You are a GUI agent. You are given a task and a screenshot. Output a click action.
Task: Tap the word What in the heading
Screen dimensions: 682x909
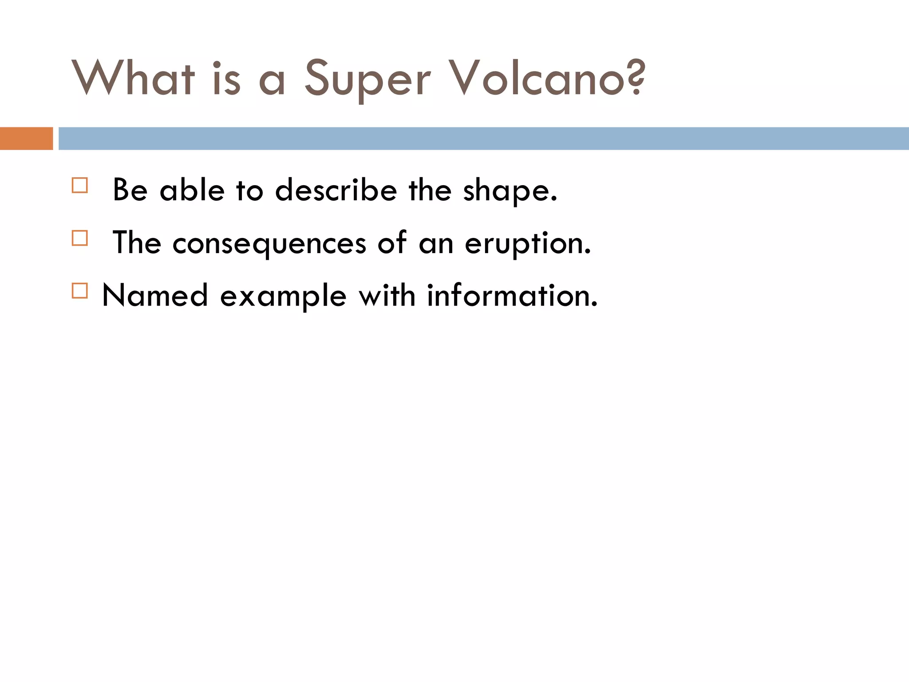pyautogui.click(x=133, y=78)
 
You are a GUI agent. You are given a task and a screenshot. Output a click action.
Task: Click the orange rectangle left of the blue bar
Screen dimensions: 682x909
pyautogui.click(x=26, y=139)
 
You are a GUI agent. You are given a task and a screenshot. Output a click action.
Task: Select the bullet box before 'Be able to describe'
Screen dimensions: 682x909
pyautogui.click(x=80, y=185)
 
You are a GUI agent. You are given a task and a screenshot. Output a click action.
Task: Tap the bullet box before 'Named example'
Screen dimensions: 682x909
pyautogui.click(x=80, y=291)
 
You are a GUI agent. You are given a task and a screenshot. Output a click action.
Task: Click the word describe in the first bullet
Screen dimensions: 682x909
pyautogui.click(x=336, y=190)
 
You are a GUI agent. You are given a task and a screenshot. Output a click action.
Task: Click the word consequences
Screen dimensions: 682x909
pyautogui.click(x=269, y=244)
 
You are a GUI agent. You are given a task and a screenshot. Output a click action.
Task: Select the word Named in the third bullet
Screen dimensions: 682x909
pyautogui.click(x=155, y=296)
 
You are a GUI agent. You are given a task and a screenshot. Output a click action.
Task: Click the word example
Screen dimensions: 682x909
pyautogui.click(x=283, y=297)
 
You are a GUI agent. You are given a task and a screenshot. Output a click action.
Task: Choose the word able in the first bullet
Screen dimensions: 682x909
pyautogui.click(x=192, y=190)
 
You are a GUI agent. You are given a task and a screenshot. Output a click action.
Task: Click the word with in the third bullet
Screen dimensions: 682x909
pyautogui.click(x=387, y=296)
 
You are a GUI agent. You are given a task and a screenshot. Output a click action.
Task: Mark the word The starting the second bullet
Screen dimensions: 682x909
pyautogui.click(x=137, y=243)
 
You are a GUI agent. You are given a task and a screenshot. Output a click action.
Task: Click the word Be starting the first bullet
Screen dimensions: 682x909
pyautogui.click(x=130, y=190)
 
